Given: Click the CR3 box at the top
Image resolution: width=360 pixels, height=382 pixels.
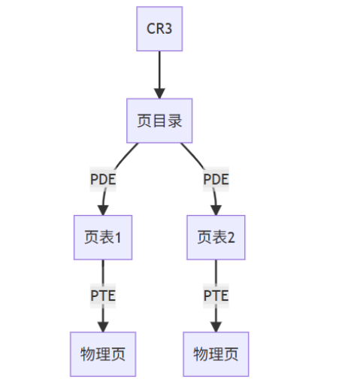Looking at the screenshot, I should click(x=159, y=29).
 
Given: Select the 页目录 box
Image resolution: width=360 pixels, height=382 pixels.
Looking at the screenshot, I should click(x=159, y=120).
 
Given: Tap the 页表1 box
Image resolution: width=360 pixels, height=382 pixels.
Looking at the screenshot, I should click(x=103, y=237).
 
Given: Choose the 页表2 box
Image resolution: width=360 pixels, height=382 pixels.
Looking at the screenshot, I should click(x=216, y=237).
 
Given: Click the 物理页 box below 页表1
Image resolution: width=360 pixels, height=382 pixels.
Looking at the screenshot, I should click(x=103, y=353).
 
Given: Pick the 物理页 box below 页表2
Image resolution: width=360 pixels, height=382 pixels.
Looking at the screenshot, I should click(x=216, y=353).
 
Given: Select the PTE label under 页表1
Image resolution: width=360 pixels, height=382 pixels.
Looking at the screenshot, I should click(x=103, y=295).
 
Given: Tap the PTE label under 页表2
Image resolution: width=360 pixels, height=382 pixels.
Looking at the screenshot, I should click(x=216, y=295).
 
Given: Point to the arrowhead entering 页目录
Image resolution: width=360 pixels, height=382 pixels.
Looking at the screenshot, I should click(x=159, y=92).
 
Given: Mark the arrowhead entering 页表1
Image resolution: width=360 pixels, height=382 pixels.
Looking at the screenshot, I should click(x=103, y=209).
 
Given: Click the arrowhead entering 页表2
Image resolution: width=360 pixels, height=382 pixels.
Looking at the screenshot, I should click(x=216, y=209).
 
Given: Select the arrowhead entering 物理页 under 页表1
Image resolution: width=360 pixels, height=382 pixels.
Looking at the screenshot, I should click(x=103, y=326).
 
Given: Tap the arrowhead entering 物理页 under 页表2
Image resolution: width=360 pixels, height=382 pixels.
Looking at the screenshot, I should click(x=216, y=326).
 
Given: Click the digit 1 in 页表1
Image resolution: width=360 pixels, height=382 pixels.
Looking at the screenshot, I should click(x=118, y=238).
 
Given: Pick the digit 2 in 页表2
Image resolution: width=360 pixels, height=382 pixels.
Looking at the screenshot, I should click(x=231, y=238).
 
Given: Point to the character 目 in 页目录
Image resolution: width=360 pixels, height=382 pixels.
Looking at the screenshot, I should click(x=159, y=120).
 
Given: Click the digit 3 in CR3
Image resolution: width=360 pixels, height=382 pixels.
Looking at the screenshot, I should click(x=169, y=29).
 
